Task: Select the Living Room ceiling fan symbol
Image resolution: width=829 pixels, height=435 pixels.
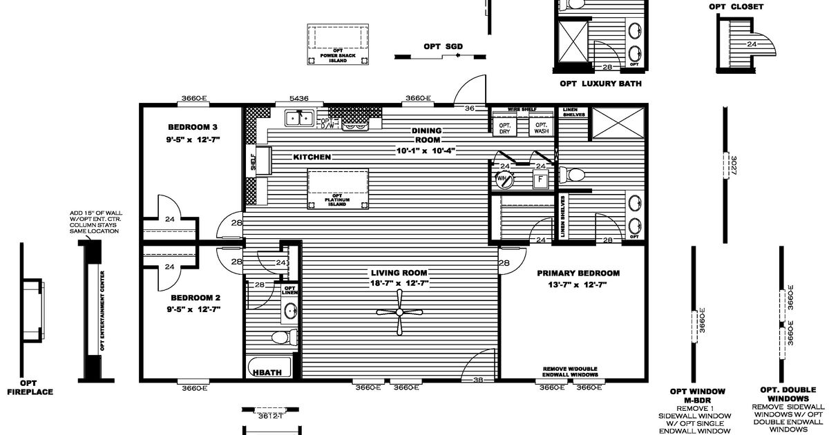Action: (x=399, y=311)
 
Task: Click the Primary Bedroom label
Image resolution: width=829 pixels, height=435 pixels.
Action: (x=578, y=273)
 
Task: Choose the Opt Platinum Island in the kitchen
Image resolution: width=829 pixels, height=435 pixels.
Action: (x=338, y=188)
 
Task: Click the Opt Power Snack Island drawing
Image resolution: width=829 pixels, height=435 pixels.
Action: (x=338, y=46)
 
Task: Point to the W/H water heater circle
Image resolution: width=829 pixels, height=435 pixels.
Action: (x=503, y=179)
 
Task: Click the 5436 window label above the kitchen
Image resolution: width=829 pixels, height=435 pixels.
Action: (x=299, y=99)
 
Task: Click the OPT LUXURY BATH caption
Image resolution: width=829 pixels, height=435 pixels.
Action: (x=600, y=84)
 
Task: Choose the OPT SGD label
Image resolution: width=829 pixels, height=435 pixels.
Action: (x=443, y=46)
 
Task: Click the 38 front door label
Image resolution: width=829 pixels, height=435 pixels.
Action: (x=478, y=380)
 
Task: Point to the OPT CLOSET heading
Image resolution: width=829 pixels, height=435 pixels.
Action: (x=736, y=7)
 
